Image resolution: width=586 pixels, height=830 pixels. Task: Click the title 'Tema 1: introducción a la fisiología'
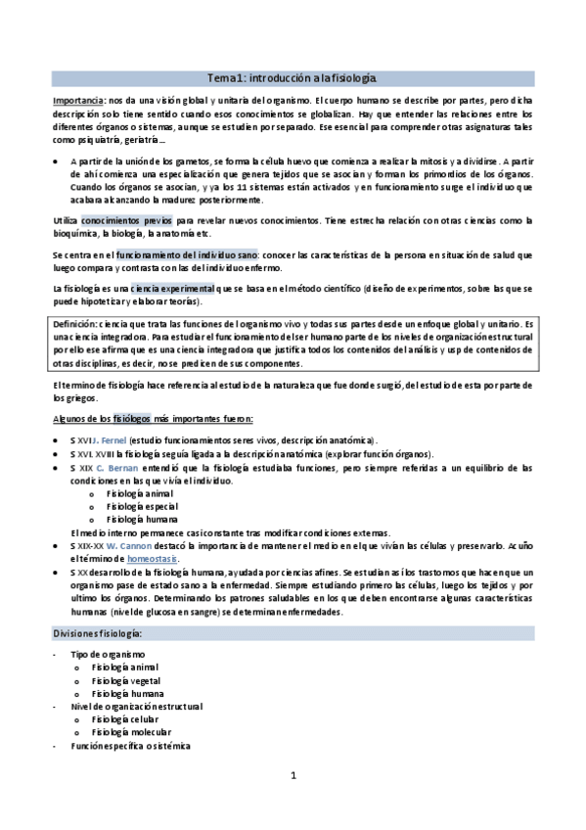(293, 77)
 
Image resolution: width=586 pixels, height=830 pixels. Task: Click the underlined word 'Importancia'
(77, 101)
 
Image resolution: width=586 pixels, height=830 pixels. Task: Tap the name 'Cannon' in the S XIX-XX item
(133, 543)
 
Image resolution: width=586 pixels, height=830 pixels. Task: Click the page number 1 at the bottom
(293, 777)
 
